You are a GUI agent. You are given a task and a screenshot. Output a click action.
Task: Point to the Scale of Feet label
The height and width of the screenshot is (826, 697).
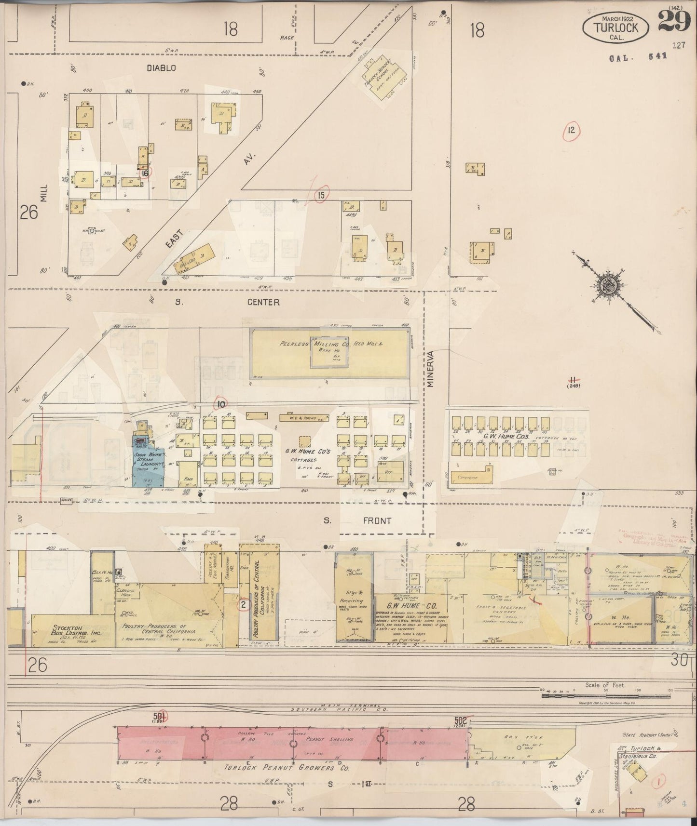[605, 685]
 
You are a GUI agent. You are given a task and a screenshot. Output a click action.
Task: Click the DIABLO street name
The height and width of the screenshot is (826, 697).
[162, 68]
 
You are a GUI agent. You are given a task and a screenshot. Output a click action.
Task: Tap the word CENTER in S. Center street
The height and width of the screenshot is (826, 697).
[263, 302]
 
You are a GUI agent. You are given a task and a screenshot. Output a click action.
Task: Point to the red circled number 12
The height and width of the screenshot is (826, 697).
[572, 130]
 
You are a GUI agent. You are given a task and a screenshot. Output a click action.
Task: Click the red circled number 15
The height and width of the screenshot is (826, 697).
[320, 195]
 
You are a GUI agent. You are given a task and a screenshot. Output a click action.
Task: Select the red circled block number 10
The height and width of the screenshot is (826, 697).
[221, 404]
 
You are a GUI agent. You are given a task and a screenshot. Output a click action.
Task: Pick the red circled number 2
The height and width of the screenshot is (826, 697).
[244, 604]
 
